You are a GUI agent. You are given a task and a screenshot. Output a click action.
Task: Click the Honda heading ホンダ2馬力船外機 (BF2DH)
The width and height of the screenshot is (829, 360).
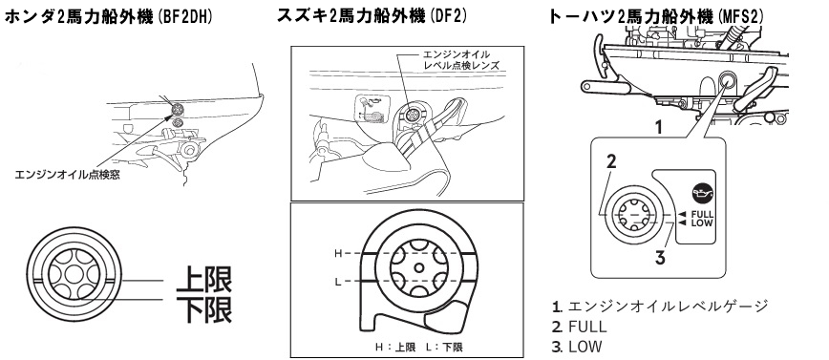tap(108, 17)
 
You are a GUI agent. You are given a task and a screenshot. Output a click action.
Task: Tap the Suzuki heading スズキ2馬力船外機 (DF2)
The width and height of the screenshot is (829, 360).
tap(372, 16)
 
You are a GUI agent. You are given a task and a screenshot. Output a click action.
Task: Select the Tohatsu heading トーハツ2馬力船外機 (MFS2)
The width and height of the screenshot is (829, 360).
tap(656, 16)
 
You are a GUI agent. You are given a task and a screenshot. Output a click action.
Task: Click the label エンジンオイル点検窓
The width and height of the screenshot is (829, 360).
tap(67, 175)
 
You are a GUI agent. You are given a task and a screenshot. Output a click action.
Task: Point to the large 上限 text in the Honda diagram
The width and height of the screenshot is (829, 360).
tap(204, 280)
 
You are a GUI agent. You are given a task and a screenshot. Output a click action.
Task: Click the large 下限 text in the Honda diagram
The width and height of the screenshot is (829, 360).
tap(204, 310)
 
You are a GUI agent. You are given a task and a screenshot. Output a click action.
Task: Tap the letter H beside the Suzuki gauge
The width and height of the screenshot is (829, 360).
tap(338, 254)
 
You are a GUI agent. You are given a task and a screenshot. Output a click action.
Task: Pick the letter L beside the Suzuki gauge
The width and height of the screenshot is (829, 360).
tap(338, 282)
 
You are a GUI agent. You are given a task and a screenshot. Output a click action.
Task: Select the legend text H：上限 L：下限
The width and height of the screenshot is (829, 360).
tap(418, 348)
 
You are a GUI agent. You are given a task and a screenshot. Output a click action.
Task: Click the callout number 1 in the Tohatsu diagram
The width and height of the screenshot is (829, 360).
tap(658, 127)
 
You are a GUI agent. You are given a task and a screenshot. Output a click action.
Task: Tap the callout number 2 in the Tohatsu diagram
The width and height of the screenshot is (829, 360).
tap(611, 161)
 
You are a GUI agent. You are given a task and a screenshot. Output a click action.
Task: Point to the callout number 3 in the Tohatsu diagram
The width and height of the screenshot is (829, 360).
tap(660, 258)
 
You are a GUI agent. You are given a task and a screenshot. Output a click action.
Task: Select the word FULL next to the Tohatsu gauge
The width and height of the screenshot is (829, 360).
tap(702, 214)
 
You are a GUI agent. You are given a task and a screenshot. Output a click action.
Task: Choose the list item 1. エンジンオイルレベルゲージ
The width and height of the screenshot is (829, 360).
tap(660, 306)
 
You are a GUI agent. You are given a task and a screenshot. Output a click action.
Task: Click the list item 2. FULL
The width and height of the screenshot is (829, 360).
tap(579, 327)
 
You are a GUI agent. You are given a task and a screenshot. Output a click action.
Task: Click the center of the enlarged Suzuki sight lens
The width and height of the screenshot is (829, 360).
tap(418, 268)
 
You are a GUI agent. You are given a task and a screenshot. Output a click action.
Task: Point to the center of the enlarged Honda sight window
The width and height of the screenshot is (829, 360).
tap(74, 274)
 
